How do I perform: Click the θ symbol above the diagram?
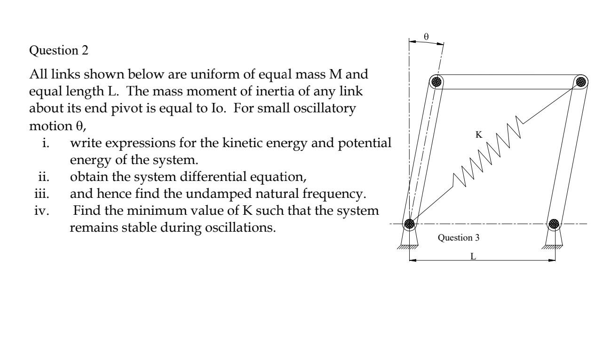426,36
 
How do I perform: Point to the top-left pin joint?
437,82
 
